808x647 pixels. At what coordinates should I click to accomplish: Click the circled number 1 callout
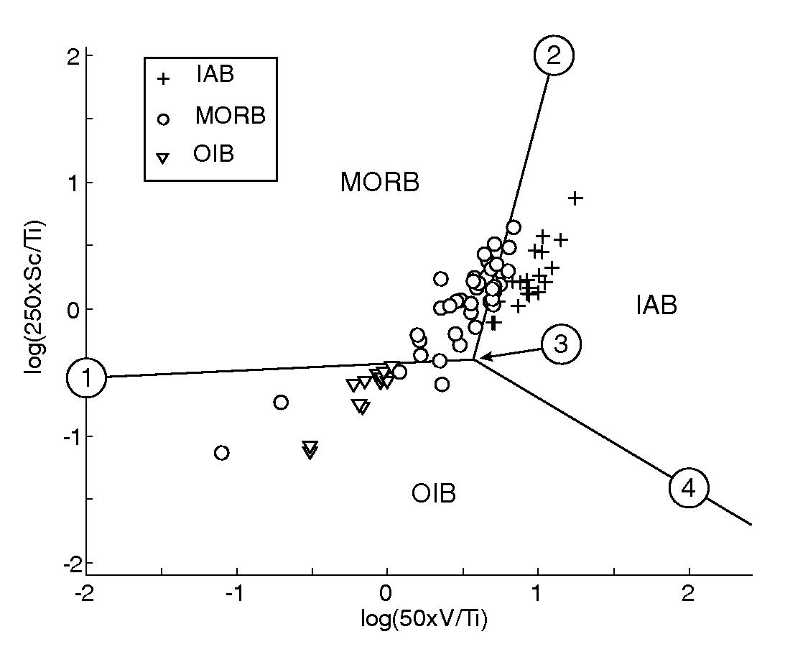86,378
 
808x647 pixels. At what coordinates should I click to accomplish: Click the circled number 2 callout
553,56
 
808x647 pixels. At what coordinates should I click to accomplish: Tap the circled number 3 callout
561,344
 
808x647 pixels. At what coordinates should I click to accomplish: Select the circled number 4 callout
688,488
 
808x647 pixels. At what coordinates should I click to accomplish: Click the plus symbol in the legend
164,78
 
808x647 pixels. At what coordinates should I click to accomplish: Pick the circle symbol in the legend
164,119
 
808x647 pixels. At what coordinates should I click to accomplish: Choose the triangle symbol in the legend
164,157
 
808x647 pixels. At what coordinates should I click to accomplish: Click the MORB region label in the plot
379,183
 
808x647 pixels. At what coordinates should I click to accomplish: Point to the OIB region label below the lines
434,494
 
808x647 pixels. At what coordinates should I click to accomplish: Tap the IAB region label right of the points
656,306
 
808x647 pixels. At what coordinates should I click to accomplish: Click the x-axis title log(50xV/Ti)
424,619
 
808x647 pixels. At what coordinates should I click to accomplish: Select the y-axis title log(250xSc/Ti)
34,309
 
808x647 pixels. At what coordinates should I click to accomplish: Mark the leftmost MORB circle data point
222,452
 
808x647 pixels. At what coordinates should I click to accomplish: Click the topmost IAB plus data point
575,198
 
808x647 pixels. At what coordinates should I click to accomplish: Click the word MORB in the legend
230,116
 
